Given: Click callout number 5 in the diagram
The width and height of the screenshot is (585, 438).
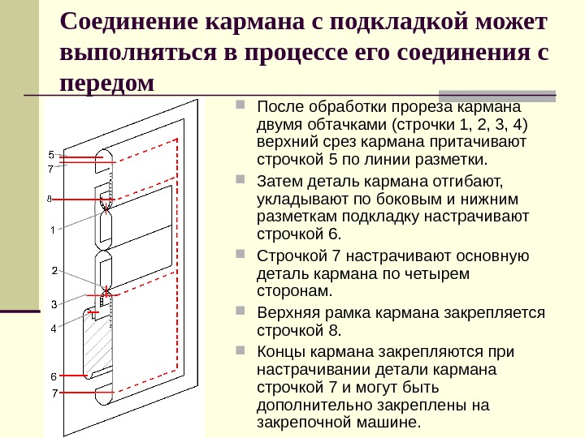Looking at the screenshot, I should [x=50, y=154].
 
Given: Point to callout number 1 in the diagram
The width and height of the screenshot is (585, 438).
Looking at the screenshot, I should [x=52, y=230].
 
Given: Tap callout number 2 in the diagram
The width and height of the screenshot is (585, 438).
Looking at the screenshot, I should [x=54, y=270].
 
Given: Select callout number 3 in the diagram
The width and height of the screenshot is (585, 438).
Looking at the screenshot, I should [x=54, y=304].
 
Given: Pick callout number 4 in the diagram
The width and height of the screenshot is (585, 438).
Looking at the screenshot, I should [x=53, y=328].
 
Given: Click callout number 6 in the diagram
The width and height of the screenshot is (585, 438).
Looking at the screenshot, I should [x=53, y=376].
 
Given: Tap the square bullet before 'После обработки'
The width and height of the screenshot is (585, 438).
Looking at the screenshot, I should [x=241, y=106].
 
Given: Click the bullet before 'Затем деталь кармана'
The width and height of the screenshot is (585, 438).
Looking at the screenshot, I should [x=241, y=177].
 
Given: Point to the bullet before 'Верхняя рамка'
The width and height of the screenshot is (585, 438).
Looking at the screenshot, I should [x=241, y=311].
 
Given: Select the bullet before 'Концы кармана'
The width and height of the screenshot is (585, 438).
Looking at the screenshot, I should [x=241, y=350].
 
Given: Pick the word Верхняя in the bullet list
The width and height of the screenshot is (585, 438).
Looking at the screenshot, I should [x=286, y=313].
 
